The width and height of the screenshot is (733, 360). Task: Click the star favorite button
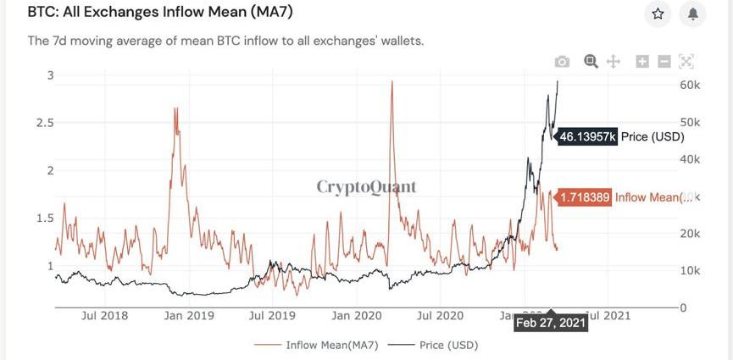(658, 14)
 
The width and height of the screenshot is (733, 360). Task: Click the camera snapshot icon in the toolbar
(562, 61)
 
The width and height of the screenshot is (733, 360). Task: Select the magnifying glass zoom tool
(591, 61)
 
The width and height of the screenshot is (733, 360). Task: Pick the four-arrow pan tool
(614, 61)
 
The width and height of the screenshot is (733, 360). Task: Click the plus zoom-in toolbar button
(642, 61)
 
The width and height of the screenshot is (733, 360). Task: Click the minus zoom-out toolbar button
(664, 61)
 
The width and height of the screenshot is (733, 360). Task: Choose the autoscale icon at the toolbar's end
(686, 61)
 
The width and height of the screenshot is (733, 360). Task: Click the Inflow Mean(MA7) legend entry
(317, 345)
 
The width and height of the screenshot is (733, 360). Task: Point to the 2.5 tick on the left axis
(45, 123)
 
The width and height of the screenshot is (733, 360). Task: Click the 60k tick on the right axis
(690, 85)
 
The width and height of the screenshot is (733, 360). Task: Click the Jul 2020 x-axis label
(440, 316)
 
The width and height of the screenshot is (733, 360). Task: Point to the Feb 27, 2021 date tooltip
(550, 323)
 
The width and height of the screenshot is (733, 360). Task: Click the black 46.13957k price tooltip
(587, 136)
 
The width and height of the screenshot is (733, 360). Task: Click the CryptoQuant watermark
(367, 186)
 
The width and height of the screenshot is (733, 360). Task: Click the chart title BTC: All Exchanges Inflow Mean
(161, 14)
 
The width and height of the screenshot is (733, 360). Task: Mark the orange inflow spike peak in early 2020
(391, 82)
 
